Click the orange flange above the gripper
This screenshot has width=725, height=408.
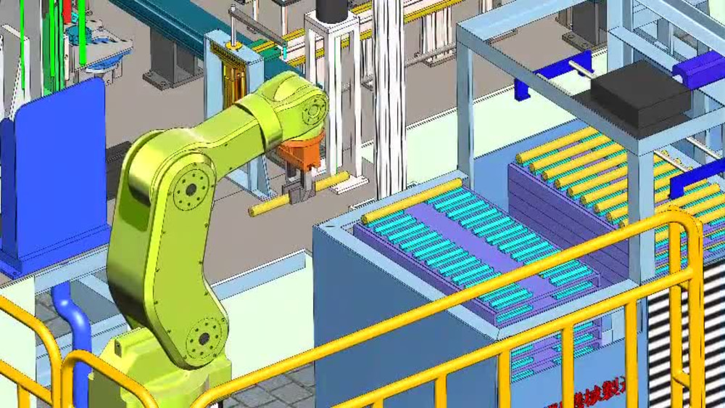tap(300, 155)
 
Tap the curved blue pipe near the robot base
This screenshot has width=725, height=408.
tap(72, 319)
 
